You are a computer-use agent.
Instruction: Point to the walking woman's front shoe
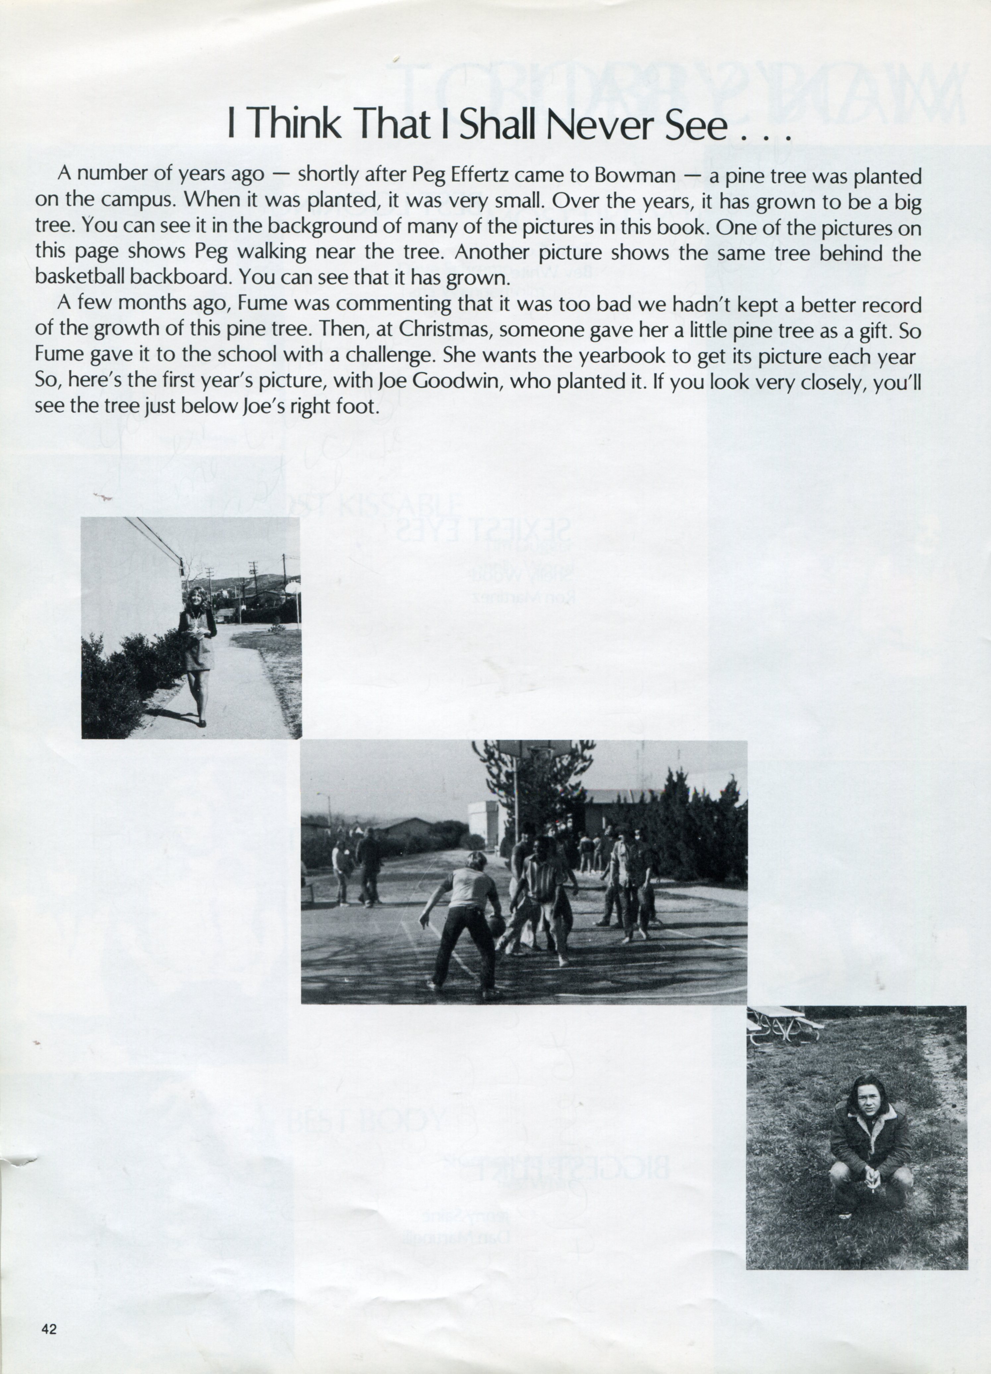pyautogui.click(x=202, y=723)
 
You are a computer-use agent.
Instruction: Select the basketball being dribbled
pyautogui.click(x=496, y=925)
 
